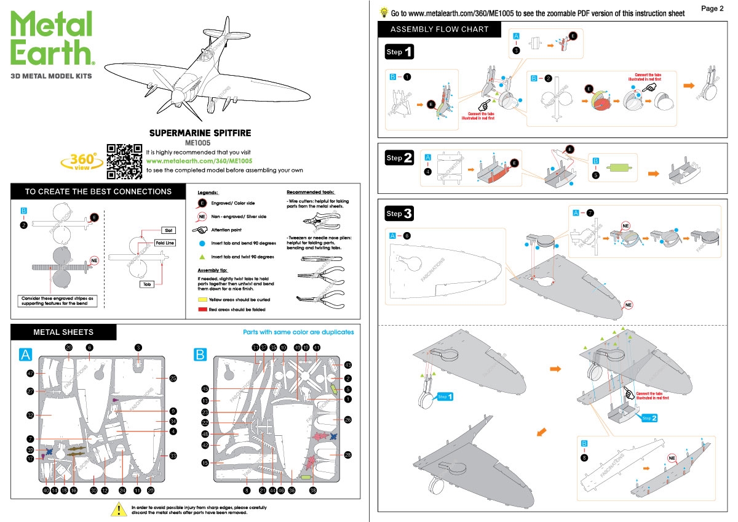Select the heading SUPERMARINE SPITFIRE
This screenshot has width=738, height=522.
200,132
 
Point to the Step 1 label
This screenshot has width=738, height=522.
399,52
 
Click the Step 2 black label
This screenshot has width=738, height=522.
399,158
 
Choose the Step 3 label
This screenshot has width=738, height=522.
399,214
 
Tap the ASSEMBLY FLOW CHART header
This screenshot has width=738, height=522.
439,29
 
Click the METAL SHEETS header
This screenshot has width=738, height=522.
63,332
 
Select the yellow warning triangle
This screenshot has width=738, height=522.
117,509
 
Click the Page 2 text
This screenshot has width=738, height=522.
712,8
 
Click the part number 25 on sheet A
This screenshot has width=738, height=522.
173,378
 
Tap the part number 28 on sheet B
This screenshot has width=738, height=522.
348,455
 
